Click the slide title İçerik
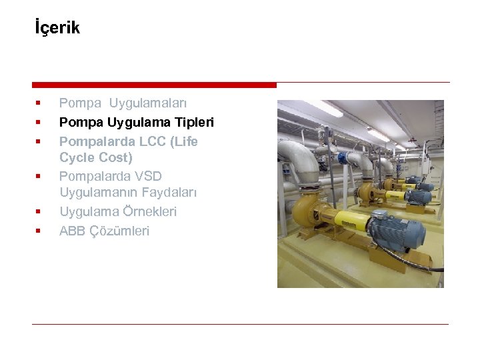pyautogui.click(x=57, y=28)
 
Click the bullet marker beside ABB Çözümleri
pyautogui.click(x=38, y=231)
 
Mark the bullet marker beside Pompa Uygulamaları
pyautogui.click(x=38, y=103)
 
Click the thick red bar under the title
pyautogui.click(x=154, y=85)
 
